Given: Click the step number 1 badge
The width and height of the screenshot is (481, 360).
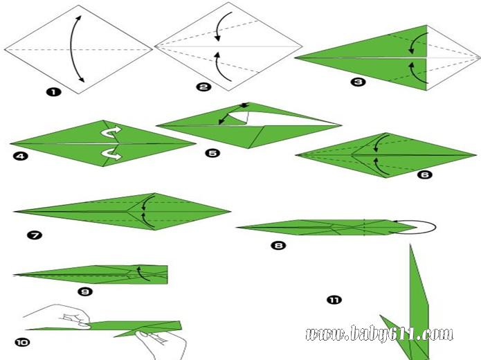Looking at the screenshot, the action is (54, 92).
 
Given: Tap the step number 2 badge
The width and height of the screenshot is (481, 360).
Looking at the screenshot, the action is (203, 87).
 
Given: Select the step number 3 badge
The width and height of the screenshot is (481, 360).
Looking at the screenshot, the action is (358, 82).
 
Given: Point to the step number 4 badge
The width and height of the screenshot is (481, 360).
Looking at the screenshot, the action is (20, 156).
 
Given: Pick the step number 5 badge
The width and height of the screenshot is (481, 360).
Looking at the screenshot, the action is (212, 153).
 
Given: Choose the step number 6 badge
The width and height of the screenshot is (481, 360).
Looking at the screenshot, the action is (425, 174).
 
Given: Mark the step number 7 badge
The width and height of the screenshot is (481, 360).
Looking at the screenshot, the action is (35, 235).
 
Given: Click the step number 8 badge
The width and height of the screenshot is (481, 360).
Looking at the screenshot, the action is (278, 245).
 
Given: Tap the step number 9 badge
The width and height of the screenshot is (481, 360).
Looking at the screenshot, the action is (85, 291).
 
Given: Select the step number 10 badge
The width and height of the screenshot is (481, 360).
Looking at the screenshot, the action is (22, 342).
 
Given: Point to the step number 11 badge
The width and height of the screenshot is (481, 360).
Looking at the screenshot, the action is (334, 300).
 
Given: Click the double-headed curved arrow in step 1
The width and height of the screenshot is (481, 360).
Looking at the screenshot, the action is (71, 49).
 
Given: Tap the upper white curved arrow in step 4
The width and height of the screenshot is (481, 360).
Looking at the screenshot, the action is (111, 133).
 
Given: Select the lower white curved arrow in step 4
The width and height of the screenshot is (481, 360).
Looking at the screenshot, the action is (111, 154).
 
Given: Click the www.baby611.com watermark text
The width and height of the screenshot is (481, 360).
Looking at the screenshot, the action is (379, 334).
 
